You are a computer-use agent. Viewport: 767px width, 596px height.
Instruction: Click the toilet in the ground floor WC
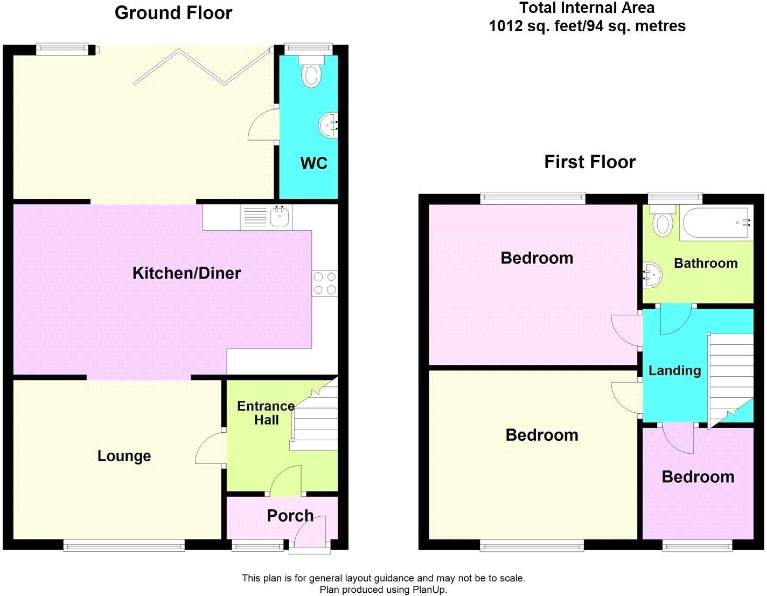pyautogui.click(x=311, y=72)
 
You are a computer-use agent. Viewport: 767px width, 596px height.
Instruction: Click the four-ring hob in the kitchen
pyautogui.click(x=325, y=283)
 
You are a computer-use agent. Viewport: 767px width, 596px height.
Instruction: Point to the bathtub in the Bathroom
pyautogui.click(x=716, y=223)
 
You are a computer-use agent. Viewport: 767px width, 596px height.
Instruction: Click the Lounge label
pyautogui.click(x=124, y=456)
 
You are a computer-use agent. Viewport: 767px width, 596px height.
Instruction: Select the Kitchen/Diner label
pyautogui.click(x=187, y=273)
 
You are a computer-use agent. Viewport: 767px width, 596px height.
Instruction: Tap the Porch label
pyautogui.click(x=290, y=516)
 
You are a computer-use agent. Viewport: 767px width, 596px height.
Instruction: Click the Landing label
pyautogui.click(x=675, y=370)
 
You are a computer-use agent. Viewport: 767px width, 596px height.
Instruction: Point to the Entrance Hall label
pyautogui.click(x=266, y=413)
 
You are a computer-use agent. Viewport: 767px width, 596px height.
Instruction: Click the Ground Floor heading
pyautogui.click(x=173, y=13)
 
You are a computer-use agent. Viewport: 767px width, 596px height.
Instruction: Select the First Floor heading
pyautogui.click(x=590, y=162)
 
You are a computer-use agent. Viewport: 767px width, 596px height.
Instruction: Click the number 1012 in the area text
pyautogui.click(x=505, y=26)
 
